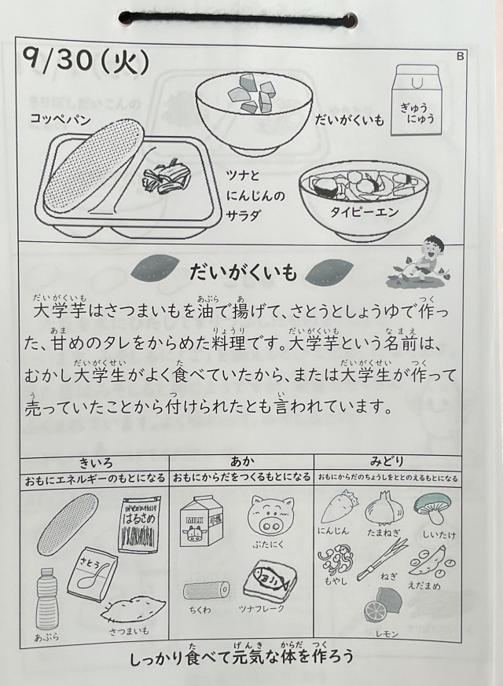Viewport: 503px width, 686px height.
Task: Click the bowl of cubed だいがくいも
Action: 249,109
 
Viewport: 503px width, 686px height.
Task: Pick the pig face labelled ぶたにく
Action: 270,516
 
